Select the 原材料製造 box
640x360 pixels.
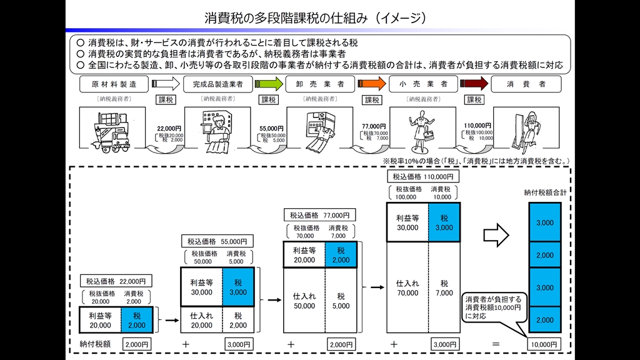pos(114,84)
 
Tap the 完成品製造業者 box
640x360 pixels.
pos(218,84)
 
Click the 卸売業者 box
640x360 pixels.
pos(320,84)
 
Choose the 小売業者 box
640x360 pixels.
pos(422,84)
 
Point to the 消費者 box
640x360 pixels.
pos(526,84)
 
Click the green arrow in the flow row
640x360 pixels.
pos(269,84)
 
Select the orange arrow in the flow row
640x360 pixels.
pos(372,84)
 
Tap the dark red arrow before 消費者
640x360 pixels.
pos(475,84)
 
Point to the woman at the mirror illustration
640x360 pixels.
pos(526,131)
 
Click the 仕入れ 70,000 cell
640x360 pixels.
pos(407,287)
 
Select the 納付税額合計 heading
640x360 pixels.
pos(545,193)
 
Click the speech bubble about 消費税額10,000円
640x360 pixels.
pos(492,308)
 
